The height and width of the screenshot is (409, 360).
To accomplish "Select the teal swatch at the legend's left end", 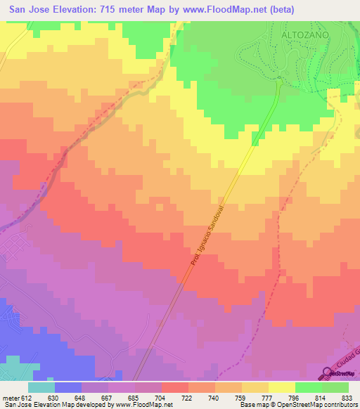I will point(41,387).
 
